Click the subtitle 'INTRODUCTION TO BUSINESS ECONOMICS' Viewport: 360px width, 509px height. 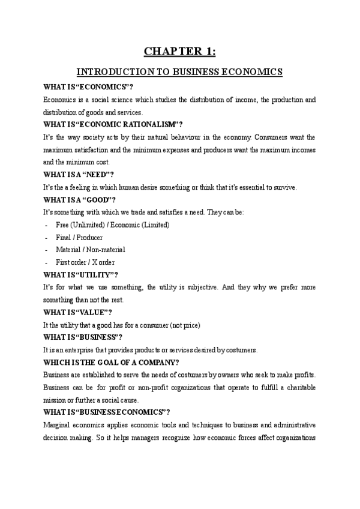point(180,72)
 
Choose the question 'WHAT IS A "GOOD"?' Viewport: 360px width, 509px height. point(80,200)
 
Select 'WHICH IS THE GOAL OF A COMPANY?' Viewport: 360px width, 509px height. point(111,363)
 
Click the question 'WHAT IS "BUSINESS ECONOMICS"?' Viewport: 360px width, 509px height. point(107,412)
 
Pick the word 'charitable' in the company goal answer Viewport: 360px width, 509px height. point(297,387)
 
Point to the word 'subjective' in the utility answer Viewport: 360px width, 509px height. point(199,288)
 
